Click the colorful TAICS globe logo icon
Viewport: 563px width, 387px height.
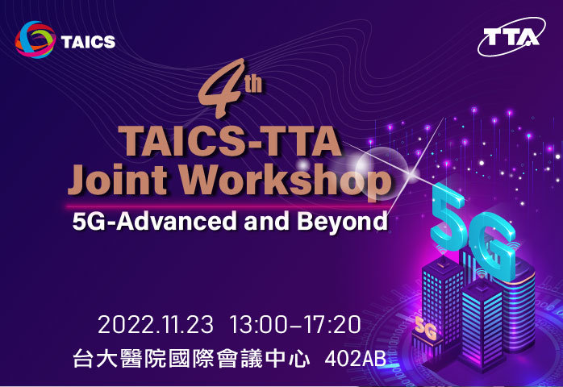pyautogui.click(x=35, y=40)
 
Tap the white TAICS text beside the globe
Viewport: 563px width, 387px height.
pyautogui.click(x=88, y=42)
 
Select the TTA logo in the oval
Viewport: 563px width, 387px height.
pyautogui.click(x=511, y=36)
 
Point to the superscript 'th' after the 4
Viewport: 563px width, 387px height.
pyautogui.click(x=253, y=84)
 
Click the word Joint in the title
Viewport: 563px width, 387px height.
pyautogui.click(x=118, y=179)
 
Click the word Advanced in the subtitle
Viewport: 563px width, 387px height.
pyautogui.click(x=177, y=221)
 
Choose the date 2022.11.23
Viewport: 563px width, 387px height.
pyautogui.click(x=156, y=325)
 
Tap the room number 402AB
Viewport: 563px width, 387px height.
pyautogui.click(x=356, y=359)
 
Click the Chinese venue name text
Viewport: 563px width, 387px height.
pyautogui.click(x=191, y=358)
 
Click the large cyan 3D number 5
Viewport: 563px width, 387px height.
pyautogui.click(x=448, y=216)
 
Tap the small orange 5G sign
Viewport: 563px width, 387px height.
pyautogui.click(x=426, y=328)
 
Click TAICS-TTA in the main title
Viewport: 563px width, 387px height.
pyautogui.click(x=230, y=141)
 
